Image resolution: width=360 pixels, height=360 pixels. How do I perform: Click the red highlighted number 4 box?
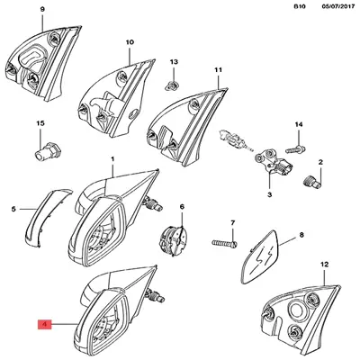(x=44, y=324)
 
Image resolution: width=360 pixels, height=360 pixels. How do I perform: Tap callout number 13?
(x=174, y=62)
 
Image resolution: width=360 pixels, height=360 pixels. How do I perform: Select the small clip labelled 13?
(x=172, y=85)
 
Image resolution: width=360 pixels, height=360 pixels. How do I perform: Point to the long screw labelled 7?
(x=224, y=243)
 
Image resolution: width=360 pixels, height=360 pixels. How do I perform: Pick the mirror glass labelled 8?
(x=261, y=258)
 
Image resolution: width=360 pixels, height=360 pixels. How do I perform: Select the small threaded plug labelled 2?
(x=312, y=181)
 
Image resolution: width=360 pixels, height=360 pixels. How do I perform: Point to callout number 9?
(x=42, y=10)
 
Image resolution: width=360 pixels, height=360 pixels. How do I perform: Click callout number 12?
(x=325, y=265)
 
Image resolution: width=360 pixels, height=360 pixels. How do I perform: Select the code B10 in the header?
(x=300, y=6)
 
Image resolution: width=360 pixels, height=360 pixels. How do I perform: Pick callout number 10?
(x=130, y=42)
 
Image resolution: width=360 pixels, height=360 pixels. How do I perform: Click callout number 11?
(x=219, y=70)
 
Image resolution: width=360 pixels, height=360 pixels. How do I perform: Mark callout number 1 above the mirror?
(x=112, y=158)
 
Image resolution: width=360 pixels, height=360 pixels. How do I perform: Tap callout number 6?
(x=182, y=207)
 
